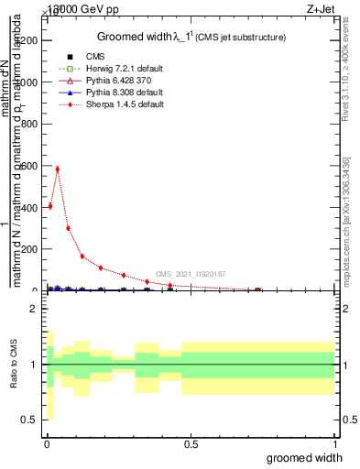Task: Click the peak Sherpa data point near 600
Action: (x=58, y=169)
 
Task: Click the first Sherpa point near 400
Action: (x=50, y=206)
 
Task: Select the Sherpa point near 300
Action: (x=68, y=228)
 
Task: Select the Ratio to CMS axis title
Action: (x=12, y=365)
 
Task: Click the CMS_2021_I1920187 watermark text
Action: (x=191, y=274)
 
